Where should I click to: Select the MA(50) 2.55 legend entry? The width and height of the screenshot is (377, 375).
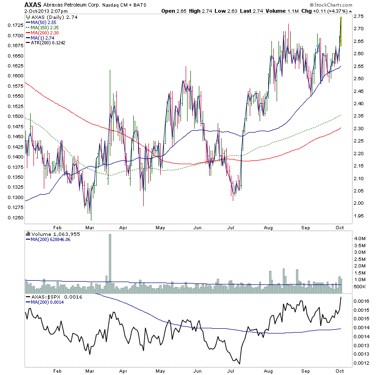44,22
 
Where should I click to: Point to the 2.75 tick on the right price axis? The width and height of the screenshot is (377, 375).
358,17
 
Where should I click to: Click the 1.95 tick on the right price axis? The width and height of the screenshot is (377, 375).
358,216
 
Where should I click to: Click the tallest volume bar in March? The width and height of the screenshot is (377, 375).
110,259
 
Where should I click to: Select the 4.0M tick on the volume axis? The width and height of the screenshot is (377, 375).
359,239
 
